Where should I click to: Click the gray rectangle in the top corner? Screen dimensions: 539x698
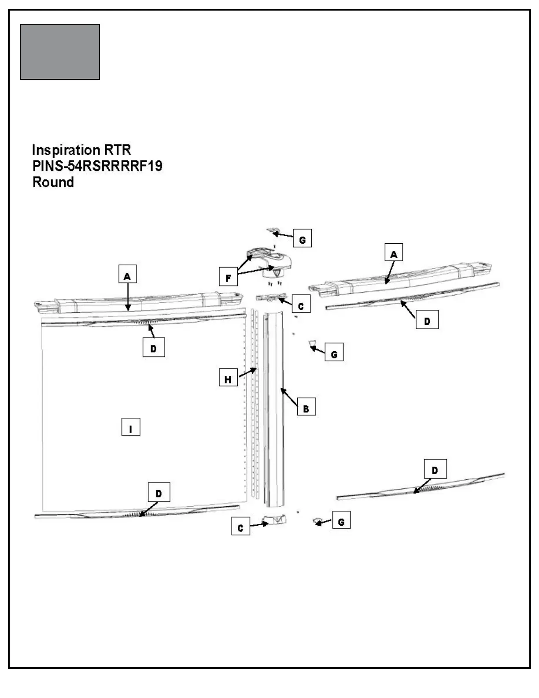pos(60,52)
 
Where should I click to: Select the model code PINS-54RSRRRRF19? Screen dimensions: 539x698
pos(97,166)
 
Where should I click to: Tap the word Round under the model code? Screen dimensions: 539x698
pos(53,182)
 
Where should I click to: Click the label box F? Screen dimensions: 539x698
pos(228,278)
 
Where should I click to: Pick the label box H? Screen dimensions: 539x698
pos(228,379)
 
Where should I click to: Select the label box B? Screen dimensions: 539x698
pos(306,408)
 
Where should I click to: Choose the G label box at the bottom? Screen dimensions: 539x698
pos(341,522)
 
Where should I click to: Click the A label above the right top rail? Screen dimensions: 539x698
pos(394,254)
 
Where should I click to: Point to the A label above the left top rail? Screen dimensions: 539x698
pos(127,276)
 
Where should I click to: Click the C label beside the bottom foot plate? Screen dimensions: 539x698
pos(240,528)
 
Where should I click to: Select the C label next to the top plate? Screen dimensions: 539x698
pos(301,306)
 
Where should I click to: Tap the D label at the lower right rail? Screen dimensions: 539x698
pos(435,470)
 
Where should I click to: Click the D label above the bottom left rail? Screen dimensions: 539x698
pos(159,493)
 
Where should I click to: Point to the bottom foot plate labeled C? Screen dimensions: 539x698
pos(274,520)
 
